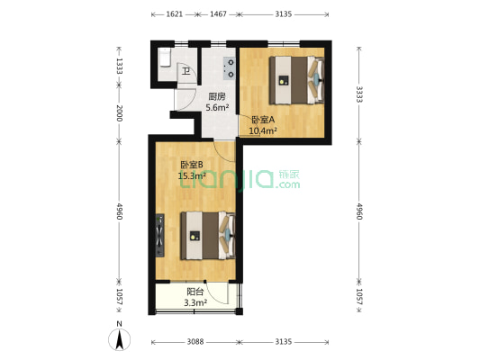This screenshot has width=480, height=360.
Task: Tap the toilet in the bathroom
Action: pyautogui.click(x=165, y=58)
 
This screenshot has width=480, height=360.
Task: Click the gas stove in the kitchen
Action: pyautogui.click(x=229, y=69)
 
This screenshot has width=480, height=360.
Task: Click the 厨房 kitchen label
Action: pyautogui.click(x=216, y=97)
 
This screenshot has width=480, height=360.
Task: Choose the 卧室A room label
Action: pyautogui.click(x=263, y=121)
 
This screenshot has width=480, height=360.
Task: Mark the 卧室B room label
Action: pyautogui.click(x=191, y=165)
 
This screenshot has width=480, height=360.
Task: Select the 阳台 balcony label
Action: pyautogui.click(x=195, y=292)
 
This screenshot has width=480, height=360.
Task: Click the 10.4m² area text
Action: pyautogui.click(x=263, y=131)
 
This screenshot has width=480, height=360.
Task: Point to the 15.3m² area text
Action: pyautogui.click(x=192, y=176)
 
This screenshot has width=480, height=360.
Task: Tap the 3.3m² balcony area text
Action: pyautogui.click(x=195, y=303)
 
